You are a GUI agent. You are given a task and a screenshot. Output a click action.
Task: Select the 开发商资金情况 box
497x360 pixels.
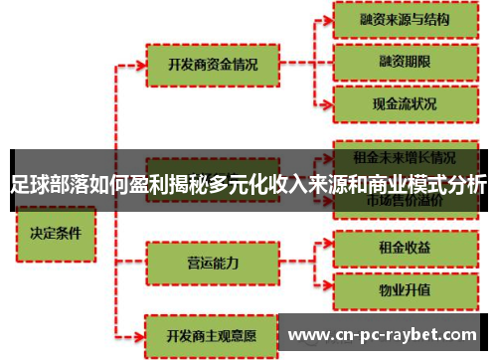214,65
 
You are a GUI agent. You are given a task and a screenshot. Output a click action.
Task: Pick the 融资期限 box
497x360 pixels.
404,60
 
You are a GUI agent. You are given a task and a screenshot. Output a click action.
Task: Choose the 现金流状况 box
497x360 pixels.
404,102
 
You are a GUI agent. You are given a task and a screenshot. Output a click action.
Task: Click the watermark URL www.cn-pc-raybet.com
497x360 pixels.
388,335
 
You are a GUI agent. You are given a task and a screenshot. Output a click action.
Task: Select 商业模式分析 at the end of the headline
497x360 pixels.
427,184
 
